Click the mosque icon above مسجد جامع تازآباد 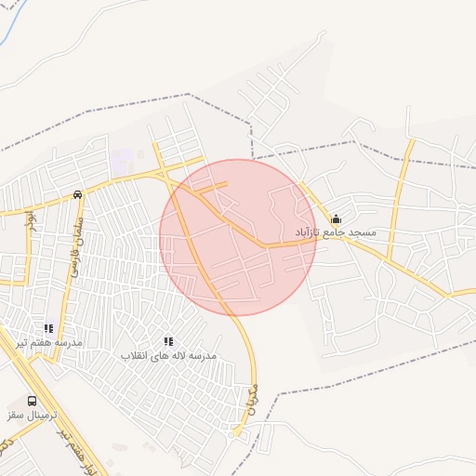pyautogui.click(x=336, y=218)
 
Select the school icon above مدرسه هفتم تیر pyautogui.click(x=48, y=328)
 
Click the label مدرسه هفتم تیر pyautogui.click(x=49, y=342)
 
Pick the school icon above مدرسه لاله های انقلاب pyautogui.click(x=168, y=342)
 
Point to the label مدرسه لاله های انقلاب pyautogui.click(x=168, y=356)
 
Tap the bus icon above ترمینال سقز pyautogui.click(x=33, y=401)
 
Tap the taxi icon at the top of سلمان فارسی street pyautogui.click(x=78, y=195)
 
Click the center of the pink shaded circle pyautogui.click(x=238, y=237)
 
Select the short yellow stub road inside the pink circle pyautogui.click(x=211, y=188)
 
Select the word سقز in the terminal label pyautogui.click(x=17, y=415)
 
